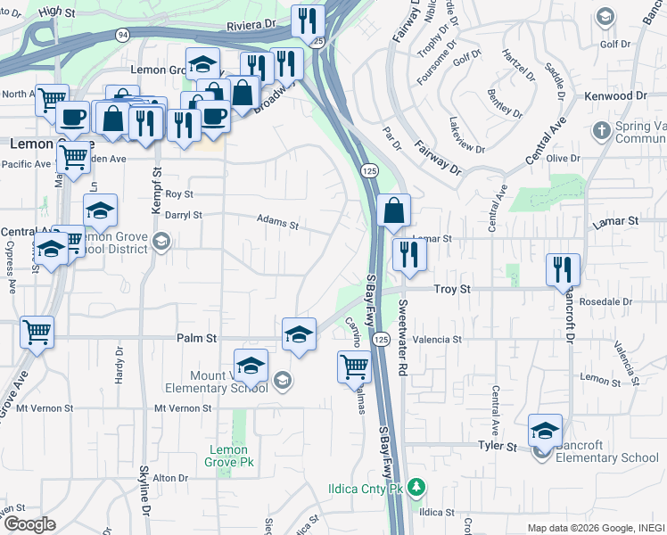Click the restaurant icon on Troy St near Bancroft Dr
tap(563, 268)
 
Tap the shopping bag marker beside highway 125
tap(393, 212)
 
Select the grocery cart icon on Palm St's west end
tap(37, 332)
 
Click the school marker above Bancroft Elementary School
tap(545, 431)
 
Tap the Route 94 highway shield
tap(121, 34)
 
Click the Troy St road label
tap(451, 289)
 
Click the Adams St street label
tap(277, 221)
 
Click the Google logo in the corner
tap(29, 524)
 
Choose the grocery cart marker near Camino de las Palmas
tap(354, 365)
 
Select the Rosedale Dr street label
tap(605, 301)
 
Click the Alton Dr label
tap(169, 478)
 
